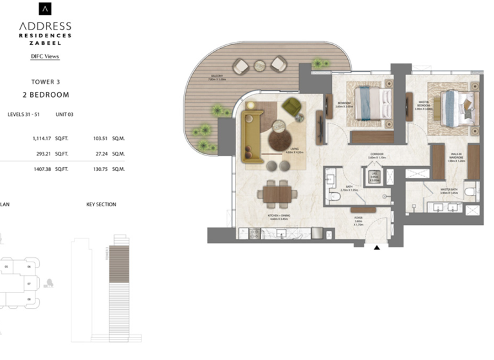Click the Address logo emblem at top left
pos(45,8)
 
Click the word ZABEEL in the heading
pos(45,44)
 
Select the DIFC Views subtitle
pos(45,57)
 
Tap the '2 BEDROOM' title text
pos(45,94)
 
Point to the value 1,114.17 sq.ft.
pos(41,138)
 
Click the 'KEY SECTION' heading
pos(101,204)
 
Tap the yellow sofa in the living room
pos(252,135)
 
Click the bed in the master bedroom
pos(458,107)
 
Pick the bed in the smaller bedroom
pos(371,104)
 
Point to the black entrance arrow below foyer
pos(377,248)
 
